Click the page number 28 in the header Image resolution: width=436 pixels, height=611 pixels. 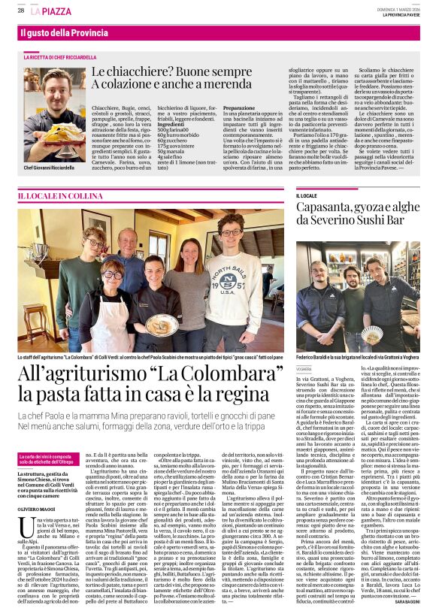point(20,11)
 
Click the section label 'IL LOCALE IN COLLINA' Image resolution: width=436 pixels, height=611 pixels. point(51,196)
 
